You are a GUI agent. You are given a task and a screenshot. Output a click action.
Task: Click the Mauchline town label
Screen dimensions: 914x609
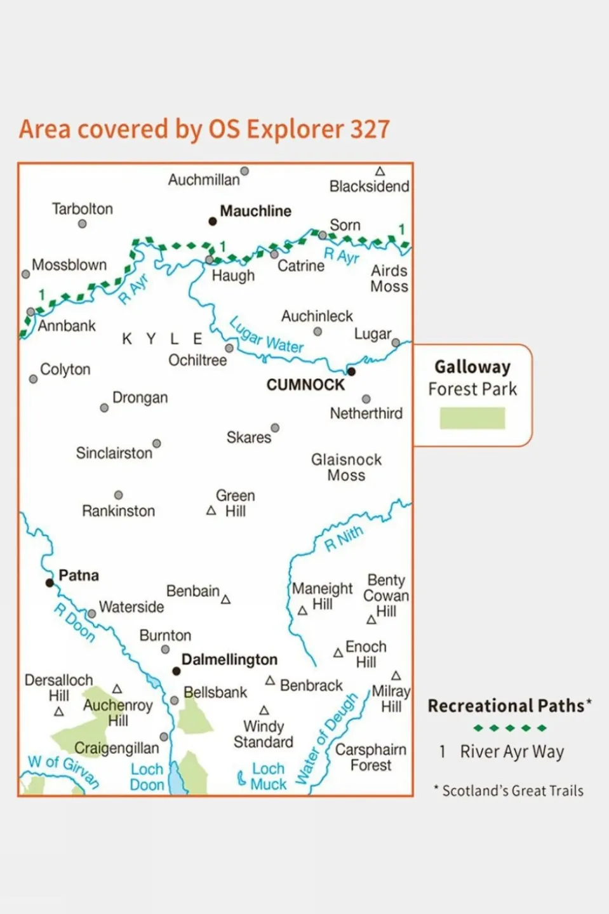coord(255,211)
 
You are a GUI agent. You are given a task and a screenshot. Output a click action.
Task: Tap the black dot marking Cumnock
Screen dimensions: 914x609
coord(351,372)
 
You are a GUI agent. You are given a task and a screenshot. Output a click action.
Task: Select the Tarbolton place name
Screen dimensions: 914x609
coord(83,209)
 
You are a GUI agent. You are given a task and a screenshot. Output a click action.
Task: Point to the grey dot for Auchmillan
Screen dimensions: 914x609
coord(244,171)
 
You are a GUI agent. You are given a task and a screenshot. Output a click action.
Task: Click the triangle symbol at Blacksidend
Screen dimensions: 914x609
coord(380,171)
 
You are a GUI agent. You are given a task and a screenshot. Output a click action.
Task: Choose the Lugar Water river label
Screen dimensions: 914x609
coord(266,335)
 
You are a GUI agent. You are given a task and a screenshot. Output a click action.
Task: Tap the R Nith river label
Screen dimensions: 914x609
coord(344,538)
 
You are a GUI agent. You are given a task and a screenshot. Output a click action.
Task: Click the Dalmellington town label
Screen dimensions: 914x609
coord(229,660)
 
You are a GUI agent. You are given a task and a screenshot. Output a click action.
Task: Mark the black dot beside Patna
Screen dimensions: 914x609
coord(50,582)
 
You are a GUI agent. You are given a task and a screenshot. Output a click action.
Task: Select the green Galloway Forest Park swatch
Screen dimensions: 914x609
coord(472,418)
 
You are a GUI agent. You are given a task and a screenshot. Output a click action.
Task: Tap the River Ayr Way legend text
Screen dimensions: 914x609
coord(512,752)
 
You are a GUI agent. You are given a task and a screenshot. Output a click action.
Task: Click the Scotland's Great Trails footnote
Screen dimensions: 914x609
coord(512,791)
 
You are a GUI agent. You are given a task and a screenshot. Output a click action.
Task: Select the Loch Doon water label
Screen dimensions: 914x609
coord(147,777)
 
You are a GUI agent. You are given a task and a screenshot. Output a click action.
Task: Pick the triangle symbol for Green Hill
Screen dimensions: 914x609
coord(211,511)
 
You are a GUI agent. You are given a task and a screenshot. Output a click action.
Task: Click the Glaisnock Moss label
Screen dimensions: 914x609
coord(346,467)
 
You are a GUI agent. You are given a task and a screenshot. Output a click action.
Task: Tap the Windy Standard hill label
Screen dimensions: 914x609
coord(264,734)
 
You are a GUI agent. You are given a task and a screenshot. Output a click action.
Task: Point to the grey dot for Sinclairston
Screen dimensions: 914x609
coord(156,443)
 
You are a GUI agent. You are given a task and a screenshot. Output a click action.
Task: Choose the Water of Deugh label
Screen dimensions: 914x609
coord(326,740)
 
